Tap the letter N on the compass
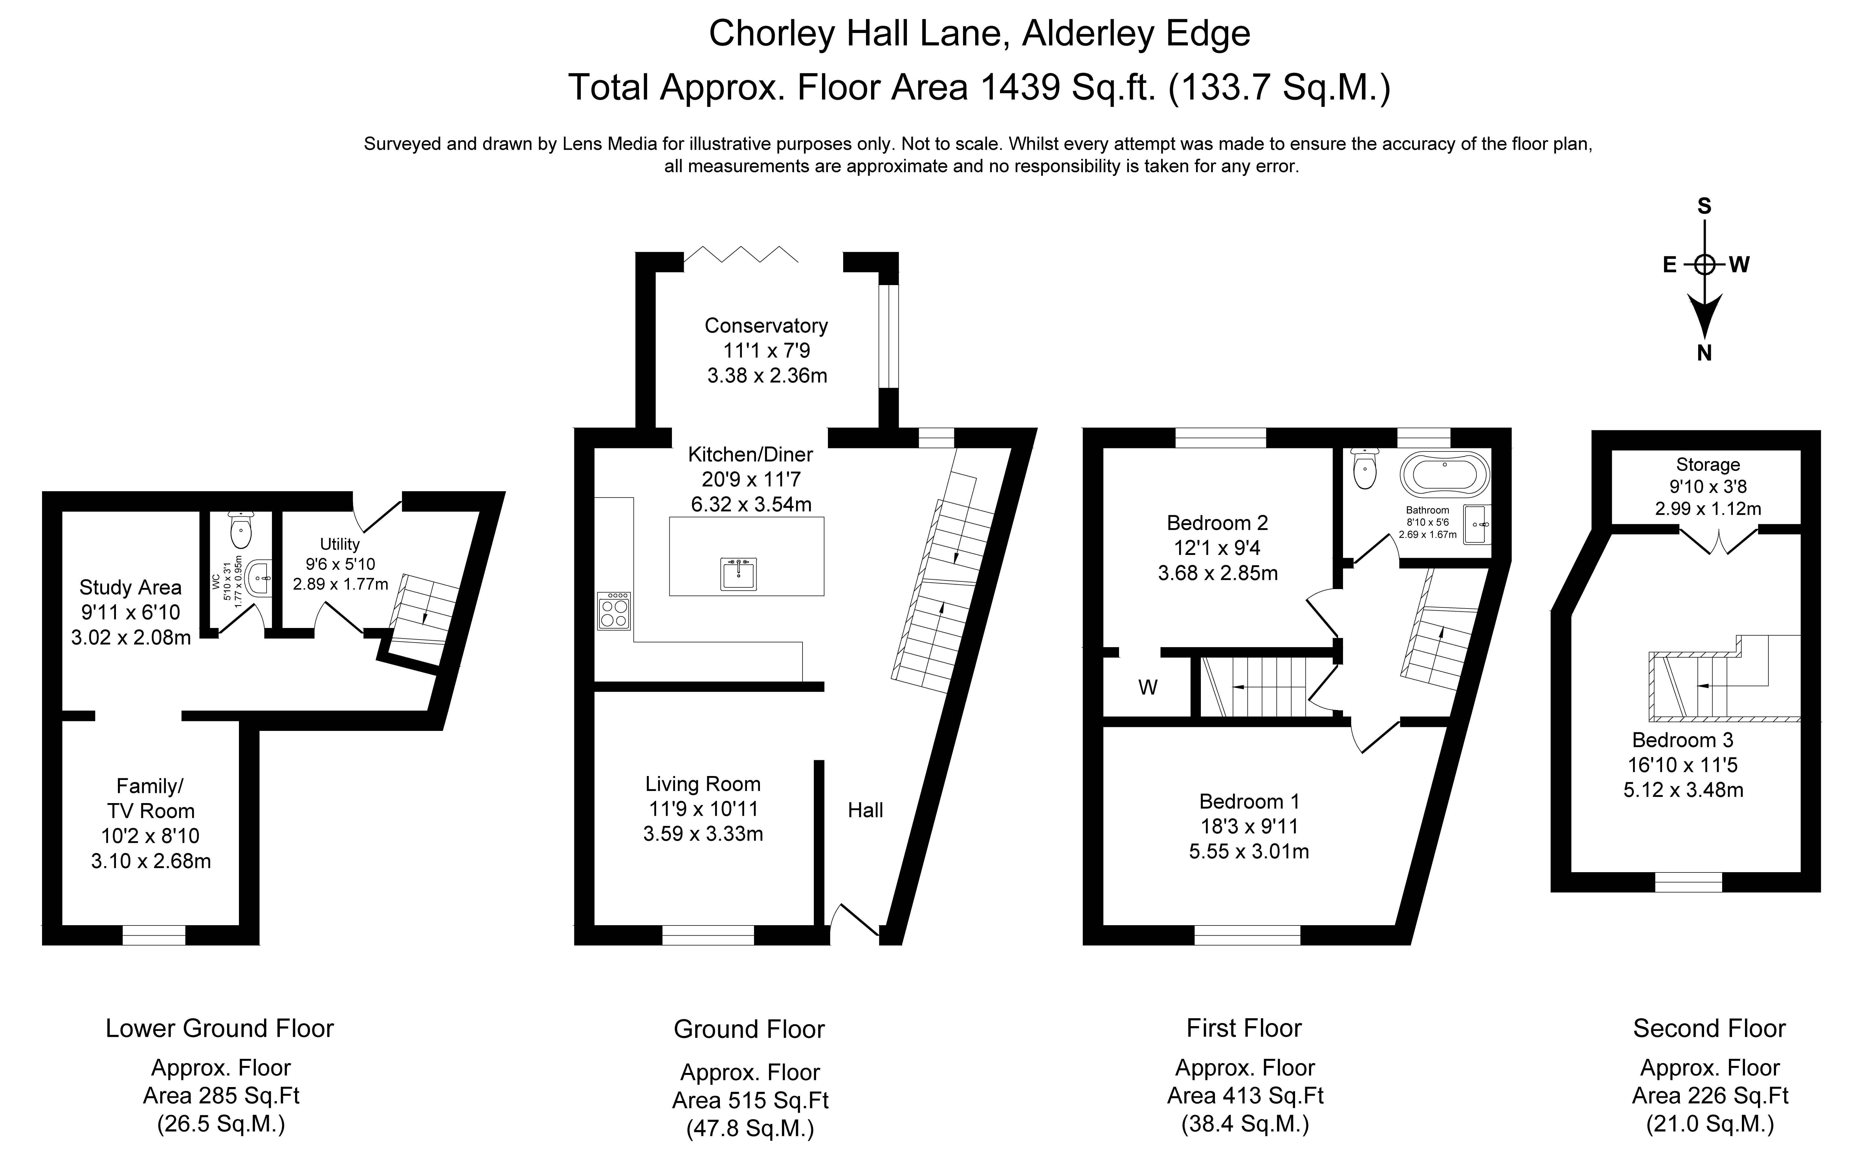tap(1704, 353)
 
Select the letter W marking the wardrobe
tap(1148, 687)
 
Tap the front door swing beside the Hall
tap(856, 920)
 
